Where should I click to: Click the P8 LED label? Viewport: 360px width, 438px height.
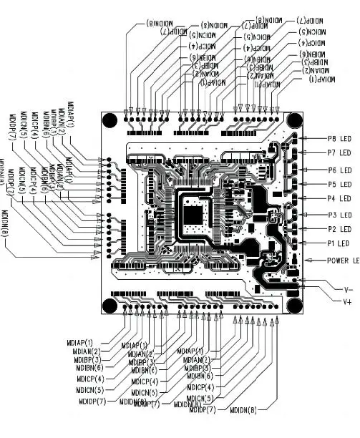coord(339,139)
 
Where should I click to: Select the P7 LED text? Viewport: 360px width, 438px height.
coord(339,153)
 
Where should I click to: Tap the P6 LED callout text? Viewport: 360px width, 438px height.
coord(339,170)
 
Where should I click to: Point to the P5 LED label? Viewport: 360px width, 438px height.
coord(339,185)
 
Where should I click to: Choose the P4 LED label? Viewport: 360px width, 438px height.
coord(339,198)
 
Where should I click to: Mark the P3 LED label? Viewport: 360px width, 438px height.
coord(339,215)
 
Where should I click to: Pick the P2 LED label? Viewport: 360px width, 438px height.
coord(339,229)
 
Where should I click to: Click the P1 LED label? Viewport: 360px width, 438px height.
coord(339,243)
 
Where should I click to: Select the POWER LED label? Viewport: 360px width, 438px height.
coord(343,261)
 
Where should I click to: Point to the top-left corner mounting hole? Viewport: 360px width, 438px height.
coord(110,121)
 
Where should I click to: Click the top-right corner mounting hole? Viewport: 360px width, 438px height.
coord(293,121)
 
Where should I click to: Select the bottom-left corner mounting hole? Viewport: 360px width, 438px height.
coord(110,306)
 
